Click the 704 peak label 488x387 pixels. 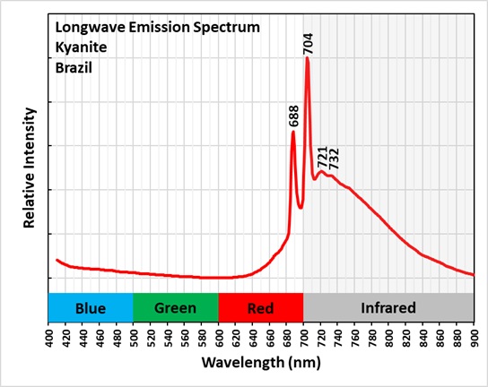(308, 44)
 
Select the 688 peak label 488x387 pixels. (293, 116)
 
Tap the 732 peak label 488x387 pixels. (334, 159)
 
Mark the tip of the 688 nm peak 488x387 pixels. (293, 132)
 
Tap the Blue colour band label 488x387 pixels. (91, 308)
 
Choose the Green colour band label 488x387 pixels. (175, 308)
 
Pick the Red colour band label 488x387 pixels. (260, 308)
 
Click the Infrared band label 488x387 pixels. (388, 308)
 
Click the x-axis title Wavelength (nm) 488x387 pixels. (261, 365)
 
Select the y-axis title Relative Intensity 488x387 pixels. (30, 168)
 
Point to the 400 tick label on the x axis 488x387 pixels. (48, 338)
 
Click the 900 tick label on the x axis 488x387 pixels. (474, 338)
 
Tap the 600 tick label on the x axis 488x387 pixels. (219, 338)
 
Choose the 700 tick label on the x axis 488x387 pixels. (304, 338)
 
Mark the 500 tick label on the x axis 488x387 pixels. (134, 338)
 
